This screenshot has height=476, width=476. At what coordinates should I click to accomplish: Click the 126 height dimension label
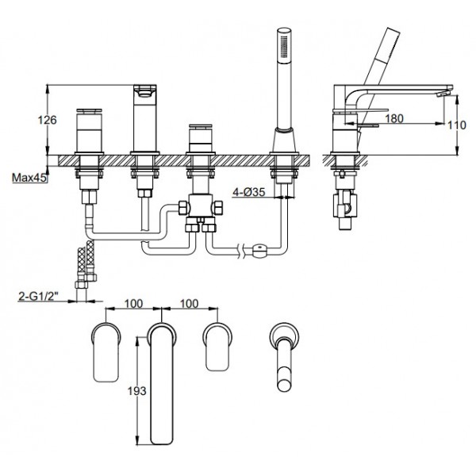[47, 121]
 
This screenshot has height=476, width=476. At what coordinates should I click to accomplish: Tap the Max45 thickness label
[29, 178]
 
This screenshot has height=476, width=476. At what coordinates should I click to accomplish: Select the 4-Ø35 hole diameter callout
[249, 192]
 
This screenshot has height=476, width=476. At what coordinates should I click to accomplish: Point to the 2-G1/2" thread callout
[38, 296]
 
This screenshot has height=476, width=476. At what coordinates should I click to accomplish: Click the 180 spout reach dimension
[394, 118]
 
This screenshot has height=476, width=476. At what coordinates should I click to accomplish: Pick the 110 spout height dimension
[457, 125]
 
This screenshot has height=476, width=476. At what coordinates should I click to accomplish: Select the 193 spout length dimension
[136, 391]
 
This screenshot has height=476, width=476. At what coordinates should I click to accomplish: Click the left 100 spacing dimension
[133, 304]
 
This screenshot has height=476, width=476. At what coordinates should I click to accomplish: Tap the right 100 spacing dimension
[190, 304]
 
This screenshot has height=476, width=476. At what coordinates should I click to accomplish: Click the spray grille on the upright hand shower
[284, 47]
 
